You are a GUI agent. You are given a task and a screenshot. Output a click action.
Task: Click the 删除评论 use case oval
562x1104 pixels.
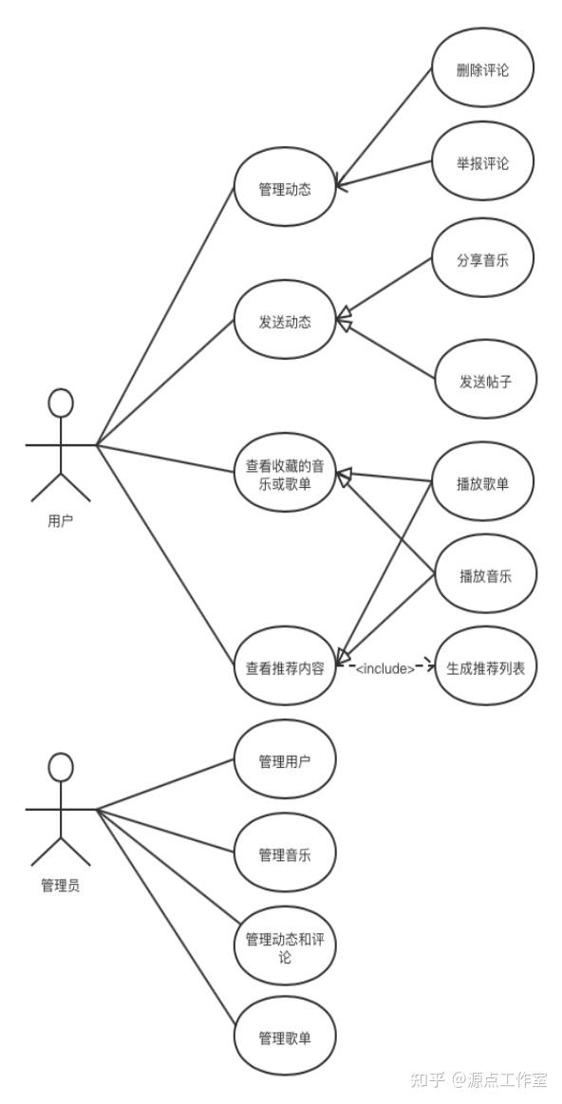(x=482, y=69)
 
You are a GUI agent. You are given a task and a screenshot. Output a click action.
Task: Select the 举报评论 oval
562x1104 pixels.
(x=482, y=163)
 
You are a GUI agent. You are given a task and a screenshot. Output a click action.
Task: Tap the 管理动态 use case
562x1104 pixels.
(x=285, y=189)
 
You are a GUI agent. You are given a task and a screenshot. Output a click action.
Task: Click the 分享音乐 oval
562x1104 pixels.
(x=482, y=260)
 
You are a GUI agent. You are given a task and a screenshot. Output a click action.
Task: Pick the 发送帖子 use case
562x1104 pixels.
(x=484, y=382)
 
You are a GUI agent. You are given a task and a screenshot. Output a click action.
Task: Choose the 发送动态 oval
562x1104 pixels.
(x=285, y=322)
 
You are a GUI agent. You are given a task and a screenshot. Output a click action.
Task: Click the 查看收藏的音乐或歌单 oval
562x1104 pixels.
(x=285, y=474)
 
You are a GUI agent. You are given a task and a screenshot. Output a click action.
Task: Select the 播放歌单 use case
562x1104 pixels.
(x=482, y=483)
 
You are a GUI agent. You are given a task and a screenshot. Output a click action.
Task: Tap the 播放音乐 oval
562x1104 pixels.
(x=484, y=575)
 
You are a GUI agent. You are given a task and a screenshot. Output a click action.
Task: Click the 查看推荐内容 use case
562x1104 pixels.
(x=285, y=667)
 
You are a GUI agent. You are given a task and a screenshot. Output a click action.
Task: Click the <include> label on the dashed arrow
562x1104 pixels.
(x=384, y=669)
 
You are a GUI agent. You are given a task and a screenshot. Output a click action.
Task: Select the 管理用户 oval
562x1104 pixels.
(x=285, y=760)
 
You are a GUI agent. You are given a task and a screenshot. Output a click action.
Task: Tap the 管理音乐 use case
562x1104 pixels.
(x=285, y=853)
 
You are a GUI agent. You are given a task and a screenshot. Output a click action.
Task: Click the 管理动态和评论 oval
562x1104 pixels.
(x=285, y=947)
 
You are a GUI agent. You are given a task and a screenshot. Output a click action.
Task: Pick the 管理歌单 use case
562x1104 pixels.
(x=285, y=1038)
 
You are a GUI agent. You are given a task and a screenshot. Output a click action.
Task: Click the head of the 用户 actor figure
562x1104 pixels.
(x=61, y=402)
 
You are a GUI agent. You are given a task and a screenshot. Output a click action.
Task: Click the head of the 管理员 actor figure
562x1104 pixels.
(x=61, y=767)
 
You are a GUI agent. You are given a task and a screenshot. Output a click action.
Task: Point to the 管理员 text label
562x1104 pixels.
(x=60, y=887)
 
